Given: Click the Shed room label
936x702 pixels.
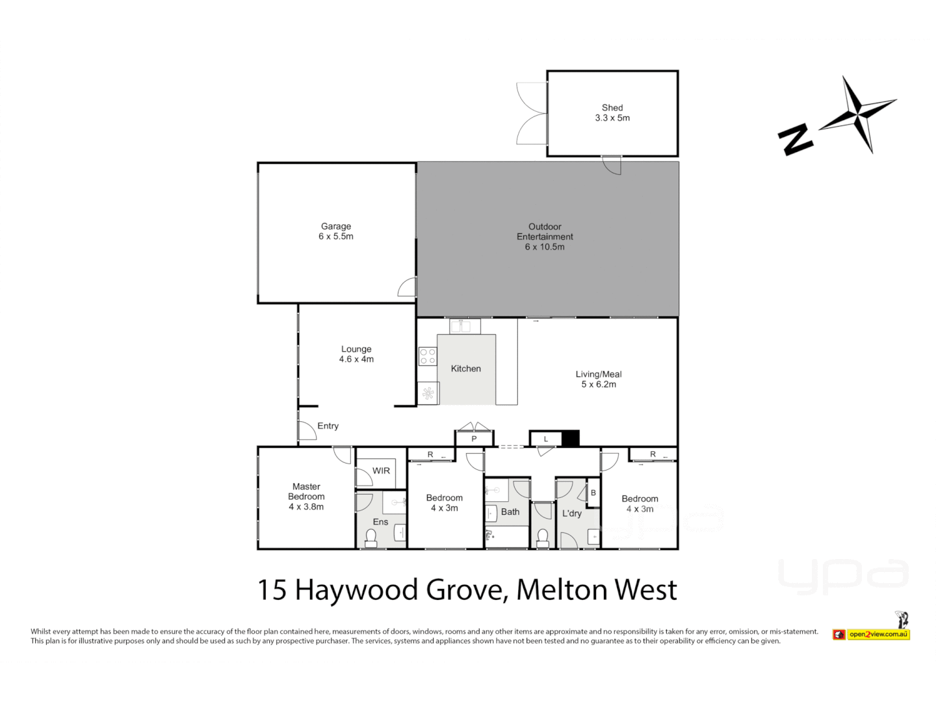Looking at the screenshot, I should point(612,108).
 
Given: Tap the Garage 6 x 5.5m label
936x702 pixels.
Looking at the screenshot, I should point(335,231).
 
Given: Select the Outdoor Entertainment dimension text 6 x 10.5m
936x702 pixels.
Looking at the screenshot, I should point(545,247).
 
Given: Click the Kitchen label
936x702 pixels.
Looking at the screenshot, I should point(465,369).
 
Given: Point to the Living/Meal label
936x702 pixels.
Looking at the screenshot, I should point(598,374).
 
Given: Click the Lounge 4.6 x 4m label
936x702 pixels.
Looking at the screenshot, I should point(356,354).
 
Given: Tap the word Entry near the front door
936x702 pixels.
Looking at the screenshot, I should point(328,426).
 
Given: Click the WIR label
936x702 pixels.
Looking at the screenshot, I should point(381,471).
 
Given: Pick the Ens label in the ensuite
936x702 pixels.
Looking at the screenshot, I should point(380,522).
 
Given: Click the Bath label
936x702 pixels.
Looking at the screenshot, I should point(510,512).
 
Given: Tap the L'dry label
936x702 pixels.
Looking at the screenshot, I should point(571,513).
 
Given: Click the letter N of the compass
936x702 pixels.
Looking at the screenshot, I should point(795,139).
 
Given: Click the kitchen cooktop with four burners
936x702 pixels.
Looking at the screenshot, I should point(428,356).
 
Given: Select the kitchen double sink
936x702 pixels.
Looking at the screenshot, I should point(465,326).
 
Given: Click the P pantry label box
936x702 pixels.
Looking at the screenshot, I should point(474,439).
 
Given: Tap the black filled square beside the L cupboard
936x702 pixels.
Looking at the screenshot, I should point(570,439).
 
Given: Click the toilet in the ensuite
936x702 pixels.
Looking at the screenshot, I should point(371,538).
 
